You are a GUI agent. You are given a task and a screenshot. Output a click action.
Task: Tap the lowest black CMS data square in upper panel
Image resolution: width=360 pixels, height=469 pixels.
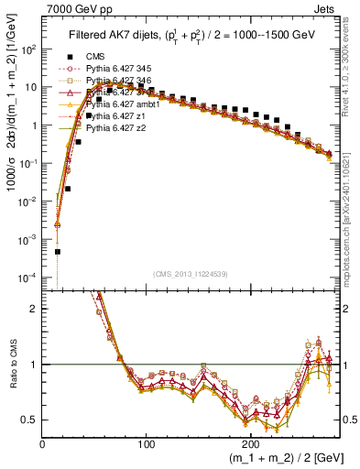57,251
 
